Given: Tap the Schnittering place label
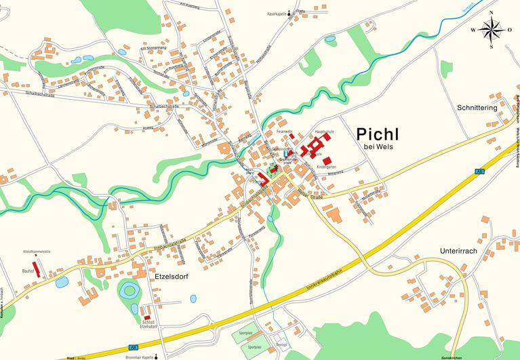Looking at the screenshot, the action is [477, 108].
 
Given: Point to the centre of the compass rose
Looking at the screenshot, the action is [492, 29].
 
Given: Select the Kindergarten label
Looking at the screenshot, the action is [326, 166].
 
